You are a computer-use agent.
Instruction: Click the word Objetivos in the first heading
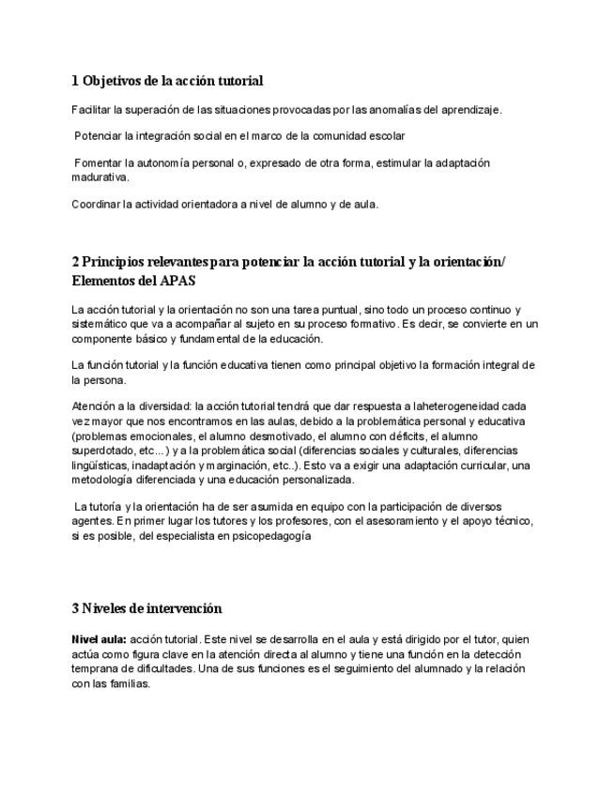[x=112, y=81]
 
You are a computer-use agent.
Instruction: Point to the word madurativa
[x=100, y=176]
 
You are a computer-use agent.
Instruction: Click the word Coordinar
[x=96, y=204]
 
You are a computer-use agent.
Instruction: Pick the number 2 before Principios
[x=75, y=262]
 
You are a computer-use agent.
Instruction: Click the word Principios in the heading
[x=116, y=262]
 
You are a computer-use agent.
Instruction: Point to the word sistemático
[x=100, y=324]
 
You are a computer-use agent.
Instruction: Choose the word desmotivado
[x=299, y=436]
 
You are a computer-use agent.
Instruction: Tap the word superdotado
[x=100, y=451]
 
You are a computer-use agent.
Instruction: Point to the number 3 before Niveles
[x=75, y=608]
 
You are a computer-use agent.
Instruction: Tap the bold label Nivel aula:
[x=99, y=639]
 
